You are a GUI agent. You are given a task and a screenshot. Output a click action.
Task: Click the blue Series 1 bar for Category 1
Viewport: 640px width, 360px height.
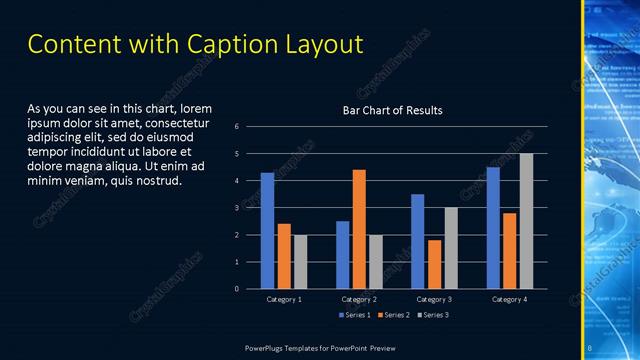[267, 231]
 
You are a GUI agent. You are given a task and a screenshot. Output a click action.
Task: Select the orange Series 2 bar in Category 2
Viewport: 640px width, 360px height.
[359, 229]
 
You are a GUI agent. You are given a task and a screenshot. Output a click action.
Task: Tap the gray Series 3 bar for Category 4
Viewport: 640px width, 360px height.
[526, 221]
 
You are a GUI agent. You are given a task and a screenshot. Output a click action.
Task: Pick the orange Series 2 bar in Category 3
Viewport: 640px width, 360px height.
[434, 264]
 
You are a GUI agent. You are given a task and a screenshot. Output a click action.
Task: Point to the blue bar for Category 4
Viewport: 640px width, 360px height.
[493, 228]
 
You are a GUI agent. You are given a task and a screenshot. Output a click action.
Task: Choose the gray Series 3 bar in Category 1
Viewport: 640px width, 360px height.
[300, 262]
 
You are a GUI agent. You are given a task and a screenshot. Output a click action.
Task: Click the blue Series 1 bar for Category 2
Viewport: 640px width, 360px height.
[343, 255]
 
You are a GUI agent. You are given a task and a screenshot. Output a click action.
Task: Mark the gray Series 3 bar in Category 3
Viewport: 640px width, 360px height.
[451, 248]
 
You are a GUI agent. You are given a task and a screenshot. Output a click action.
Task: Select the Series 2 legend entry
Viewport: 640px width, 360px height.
[393, 315]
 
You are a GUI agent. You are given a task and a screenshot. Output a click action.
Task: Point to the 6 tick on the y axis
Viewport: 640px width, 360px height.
[236, 127]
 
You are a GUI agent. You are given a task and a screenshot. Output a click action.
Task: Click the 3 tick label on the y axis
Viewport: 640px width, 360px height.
[236, 208]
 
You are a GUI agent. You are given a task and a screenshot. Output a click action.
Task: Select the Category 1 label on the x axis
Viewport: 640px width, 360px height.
[284, 299]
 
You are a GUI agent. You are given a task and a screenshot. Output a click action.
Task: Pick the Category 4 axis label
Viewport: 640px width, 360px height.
[510, 299]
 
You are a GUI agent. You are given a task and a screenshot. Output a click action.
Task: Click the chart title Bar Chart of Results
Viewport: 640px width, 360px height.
[392, 110]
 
